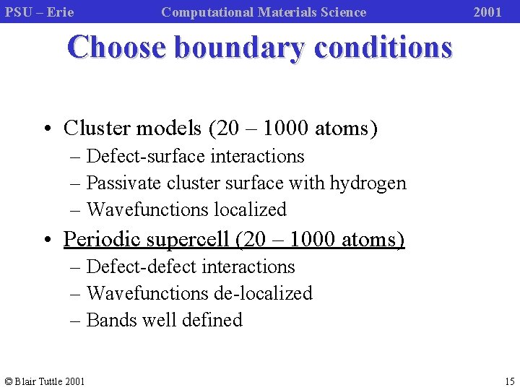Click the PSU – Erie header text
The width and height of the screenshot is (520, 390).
click(x=40, y=12)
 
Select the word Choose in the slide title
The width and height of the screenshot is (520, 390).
click(x=116, y=48)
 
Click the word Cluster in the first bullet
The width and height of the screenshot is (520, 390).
click(x=95, y=129)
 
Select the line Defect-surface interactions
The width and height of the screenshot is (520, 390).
click(x=195, y=156)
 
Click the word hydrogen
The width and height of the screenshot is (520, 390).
click(x=368, y=183)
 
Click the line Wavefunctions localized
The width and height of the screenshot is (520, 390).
click(x=186, y=210)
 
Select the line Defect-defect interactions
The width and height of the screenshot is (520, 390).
click(x=191, y=267)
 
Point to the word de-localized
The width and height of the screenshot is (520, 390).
click(x=263, y=293)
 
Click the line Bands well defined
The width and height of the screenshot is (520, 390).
click(x=164, y=320)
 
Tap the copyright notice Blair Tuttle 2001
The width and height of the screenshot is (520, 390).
click(x=44, y=381)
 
